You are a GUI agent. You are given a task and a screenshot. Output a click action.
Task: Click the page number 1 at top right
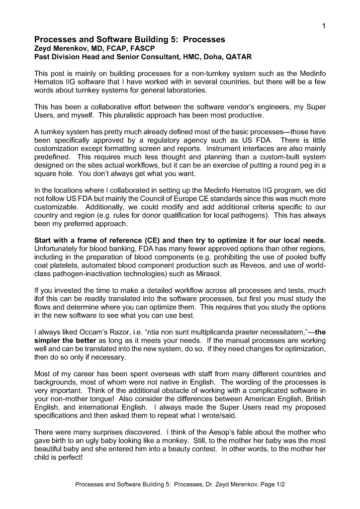tap(323, 26)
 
